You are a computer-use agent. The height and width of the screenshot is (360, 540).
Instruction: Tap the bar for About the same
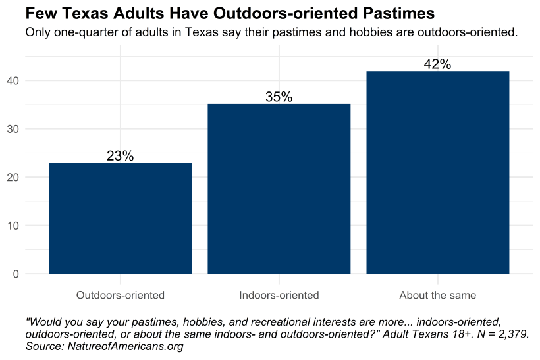point(438,172)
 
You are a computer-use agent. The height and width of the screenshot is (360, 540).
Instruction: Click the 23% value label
point(121,156)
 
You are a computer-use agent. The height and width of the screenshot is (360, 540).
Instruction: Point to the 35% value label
point(279,97)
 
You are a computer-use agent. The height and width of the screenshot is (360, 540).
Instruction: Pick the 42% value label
point(438,64)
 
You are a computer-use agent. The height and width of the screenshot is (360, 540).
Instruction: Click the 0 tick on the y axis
point(16,274)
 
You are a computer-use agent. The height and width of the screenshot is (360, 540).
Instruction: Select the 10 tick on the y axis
point(13,226)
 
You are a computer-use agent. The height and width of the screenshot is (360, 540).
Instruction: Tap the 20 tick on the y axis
point(13,178)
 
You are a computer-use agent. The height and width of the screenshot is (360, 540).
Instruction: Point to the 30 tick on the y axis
point(13,129)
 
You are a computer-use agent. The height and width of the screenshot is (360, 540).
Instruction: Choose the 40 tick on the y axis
point(13,80)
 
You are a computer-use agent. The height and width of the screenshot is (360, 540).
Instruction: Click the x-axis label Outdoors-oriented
point(121,295)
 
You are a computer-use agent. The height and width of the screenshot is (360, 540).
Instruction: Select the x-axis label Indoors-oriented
point(279,295)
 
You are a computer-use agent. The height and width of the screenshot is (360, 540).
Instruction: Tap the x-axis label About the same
point(438,295)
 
